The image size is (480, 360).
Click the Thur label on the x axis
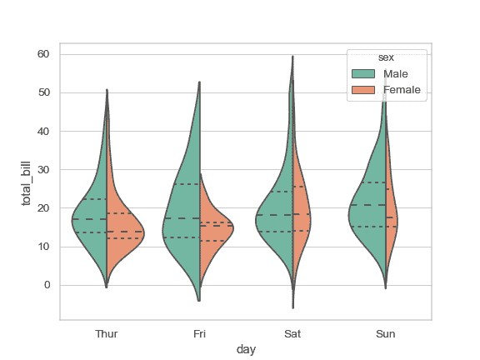107,333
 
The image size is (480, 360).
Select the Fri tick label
199,333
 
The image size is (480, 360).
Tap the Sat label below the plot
292,333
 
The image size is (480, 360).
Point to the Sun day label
385,333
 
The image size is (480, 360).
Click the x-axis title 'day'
246,350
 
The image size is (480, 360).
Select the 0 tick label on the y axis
47,285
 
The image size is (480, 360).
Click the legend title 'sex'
386,57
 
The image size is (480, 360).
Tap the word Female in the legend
402,89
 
